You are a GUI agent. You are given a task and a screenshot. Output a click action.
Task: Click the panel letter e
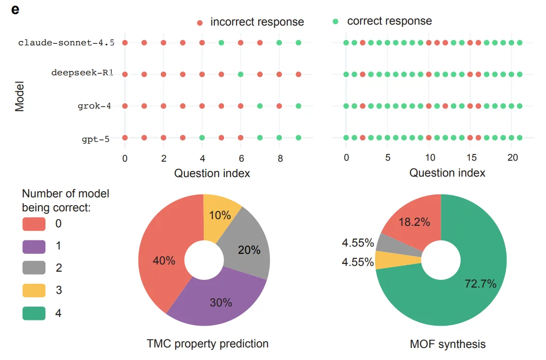(x=15, y=9)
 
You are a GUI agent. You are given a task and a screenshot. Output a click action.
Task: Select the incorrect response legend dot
(x=200, y=23)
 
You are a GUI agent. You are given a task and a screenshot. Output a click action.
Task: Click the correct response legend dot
(x=336, y=21)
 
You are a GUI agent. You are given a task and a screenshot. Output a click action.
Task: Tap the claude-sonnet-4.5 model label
(x=66, y=43)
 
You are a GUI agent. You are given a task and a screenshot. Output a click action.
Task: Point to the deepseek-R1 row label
(x=82, y=74)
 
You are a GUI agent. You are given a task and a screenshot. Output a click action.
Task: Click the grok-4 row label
(x=94, y=106)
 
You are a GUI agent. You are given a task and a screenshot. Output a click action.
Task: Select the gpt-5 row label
(x=95, y=140)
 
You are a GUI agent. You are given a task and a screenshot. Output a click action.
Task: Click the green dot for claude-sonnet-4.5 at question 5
(x=221, y=43)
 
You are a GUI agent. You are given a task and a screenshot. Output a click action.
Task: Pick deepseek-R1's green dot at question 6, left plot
(x=240, y=74)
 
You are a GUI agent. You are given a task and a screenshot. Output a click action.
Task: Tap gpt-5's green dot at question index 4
(x=202, y=138)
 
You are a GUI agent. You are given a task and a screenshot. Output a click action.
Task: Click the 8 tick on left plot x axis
(x=280, y=158)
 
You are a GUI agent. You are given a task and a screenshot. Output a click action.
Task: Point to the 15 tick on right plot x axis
(x=469, y=158)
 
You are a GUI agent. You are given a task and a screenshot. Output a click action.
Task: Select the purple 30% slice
(x=217, y=299)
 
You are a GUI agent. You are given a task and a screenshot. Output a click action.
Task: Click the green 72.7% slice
(x=473, y=280)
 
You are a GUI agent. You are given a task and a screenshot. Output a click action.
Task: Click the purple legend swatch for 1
(x=34, y=246)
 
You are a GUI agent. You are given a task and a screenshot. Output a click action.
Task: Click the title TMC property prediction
(x=208, y=344)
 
